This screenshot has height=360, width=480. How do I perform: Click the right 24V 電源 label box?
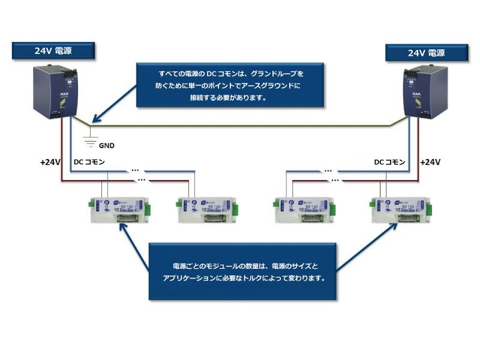427,53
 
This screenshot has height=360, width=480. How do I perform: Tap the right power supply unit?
425,92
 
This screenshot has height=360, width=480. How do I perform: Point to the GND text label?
106,145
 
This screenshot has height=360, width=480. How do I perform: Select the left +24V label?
50,163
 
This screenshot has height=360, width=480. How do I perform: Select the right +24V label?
430,163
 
